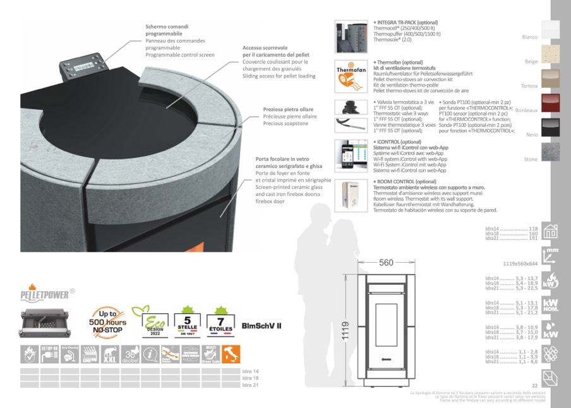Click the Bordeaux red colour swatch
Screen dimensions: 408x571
tap(550, 103)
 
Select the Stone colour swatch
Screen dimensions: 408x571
tap(550, 152)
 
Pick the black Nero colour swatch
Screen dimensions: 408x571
tap(550, 128)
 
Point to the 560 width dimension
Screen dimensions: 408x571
tap(387, 262)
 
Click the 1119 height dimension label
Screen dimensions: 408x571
tap(346, 327)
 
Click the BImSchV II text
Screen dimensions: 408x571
tap(261, 326)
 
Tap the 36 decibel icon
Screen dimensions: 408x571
tap(131, 354)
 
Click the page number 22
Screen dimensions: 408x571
tap(534, 385)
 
